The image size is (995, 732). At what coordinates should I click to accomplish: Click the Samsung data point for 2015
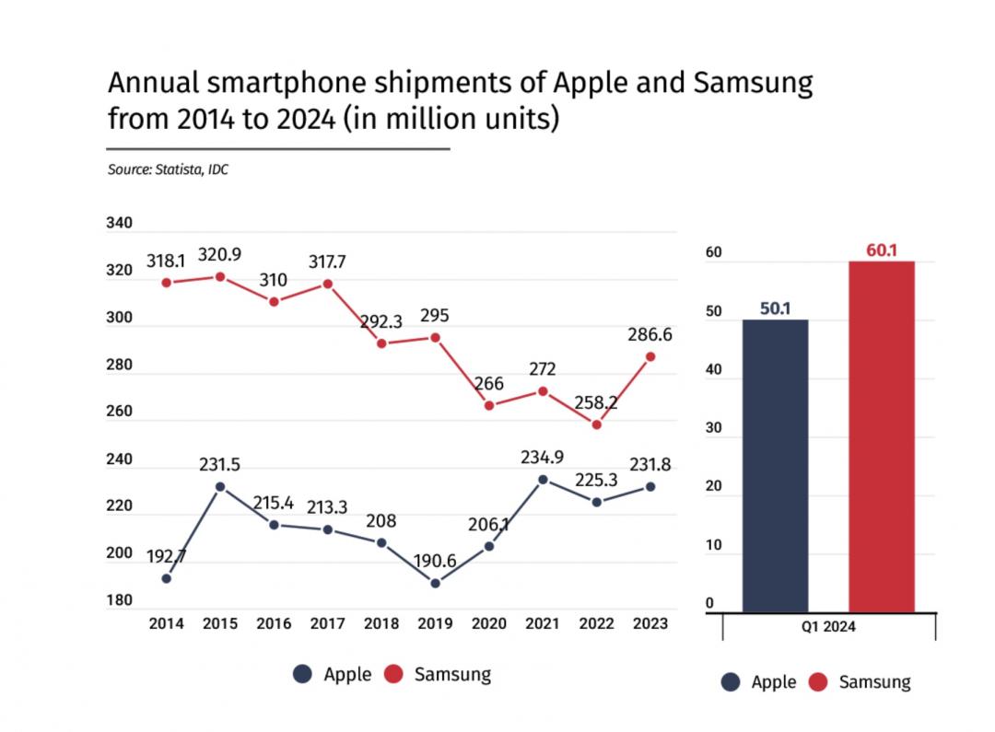(219, 276)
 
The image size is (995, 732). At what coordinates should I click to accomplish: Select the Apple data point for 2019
(435, 583)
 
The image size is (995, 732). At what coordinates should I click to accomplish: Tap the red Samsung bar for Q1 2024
(882, 436)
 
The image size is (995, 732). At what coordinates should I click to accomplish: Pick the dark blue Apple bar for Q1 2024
(775, 465)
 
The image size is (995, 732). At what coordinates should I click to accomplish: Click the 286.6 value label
(650, 335)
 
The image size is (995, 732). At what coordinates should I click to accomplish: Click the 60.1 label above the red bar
(882, 249)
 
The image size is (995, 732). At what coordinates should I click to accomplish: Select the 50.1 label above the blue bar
(776, 308)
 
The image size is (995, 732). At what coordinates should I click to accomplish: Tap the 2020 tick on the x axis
(488, 623)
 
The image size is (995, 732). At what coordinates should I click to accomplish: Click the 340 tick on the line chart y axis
(120, 224)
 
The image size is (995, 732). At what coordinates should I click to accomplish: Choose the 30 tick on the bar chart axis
(710, 428)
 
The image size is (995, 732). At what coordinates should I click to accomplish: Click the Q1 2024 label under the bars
(827, 627)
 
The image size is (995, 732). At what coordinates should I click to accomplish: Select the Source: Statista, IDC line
(168, 169)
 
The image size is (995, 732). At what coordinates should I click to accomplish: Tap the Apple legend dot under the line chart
(302, 674)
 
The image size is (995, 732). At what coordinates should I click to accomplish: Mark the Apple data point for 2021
(543, 480)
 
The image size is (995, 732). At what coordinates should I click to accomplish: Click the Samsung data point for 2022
(596, 424)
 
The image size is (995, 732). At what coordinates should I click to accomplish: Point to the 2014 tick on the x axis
(166, 623)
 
